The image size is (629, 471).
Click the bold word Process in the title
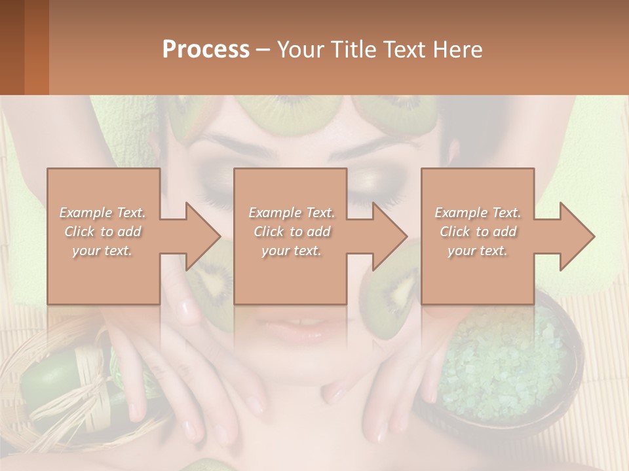pos(206,50)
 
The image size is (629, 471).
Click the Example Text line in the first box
pos(103,213)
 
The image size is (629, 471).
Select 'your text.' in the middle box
pos(291,251)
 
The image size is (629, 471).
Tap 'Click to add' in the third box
pos(477,232)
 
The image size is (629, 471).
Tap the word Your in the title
pos(299,50)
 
